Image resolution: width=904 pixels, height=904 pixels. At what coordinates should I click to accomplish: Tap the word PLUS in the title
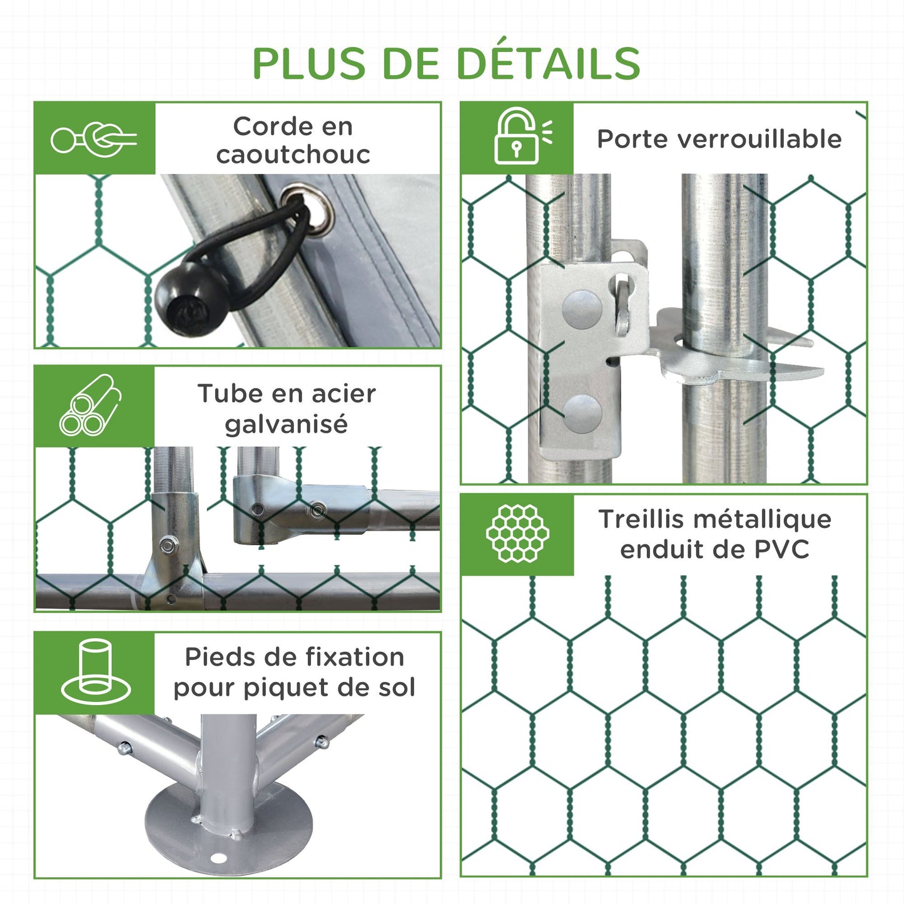pyautogui.click(x=309, y=63)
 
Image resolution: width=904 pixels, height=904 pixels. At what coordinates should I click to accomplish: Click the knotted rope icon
pyautogui.click(x=94, y=140)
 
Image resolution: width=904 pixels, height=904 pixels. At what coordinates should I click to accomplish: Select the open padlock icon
pyautogui.click(x=521, y=136)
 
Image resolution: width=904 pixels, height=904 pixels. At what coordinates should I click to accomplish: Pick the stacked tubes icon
pyautogui.click(x=90, y=404)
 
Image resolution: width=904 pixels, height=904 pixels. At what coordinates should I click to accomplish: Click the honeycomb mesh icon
pyautogui.click(x=517, y=534)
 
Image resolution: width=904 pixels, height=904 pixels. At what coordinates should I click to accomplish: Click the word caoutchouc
pyautogui.click(x=293, y=155)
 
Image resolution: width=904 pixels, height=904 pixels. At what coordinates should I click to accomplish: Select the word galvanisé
pyautogui.click(x=286, y=424)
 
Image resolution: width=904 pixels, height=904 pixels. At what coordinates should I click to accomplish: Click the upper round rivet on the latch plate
pyautogui.click(x=582, y=310)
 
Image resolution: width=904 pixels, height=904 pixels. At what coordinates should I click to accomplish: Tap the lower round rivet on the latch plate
pyautogui.click(x=582, y=414)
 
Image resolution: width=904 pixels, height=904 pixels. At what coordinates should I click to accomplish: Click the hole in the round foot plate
pyautogui.click(x=218, y=858)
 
